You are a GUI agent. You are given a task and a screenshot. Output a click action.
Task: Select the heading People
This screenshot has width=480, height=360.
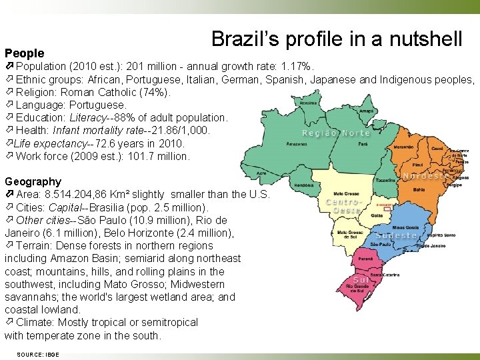point(24,53)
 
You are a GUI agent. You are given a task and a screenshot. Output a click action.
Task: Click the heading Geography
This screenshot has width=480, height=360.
point(33,181)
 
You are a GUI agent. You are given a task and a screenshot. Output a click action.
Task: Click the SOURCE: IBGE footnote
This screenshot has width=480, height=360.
point(38,353)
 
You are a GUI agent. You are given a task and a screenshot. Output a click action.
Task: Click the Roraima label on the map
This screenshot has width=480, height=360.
point(288,103)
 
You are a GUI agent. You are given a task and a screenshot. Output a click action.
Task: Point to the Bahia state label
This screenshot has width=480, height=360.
point(418,189)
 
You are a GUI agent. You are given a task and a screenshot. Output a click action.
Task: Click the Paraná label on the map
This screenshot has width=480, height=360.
point(364,257)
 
